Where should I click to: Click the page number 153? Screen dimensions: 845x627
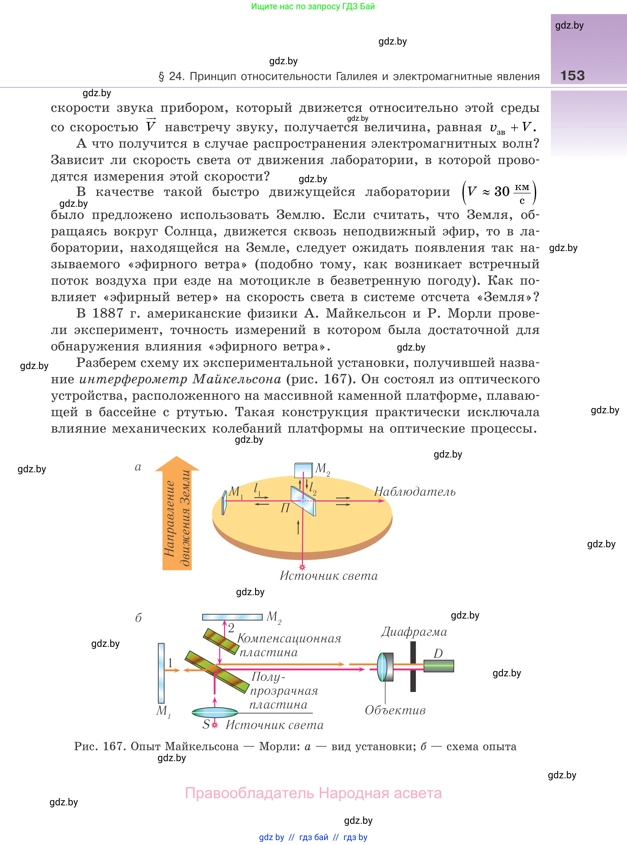tap(572, 75)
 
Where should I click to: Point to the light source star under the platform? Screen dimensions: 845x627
tap(302, 567)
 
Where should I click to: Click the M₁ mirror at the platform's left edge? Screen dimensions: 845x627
tap(224, 502)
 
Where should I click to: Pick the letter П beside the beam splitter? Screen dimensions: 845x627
tap(285, 508)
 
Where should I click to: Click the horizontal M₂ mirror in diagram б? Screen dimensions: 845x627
tap(232, 617)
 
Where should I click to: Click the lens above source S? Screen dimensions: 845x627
tap(215, 712)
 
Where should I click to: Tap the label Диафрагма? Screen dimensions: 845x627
tap(414, 632)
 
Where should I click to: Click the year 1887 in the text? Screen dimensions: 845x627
tap(108, 313)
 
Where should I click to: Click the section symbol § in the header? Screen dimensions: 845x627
tap(161, 77)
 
